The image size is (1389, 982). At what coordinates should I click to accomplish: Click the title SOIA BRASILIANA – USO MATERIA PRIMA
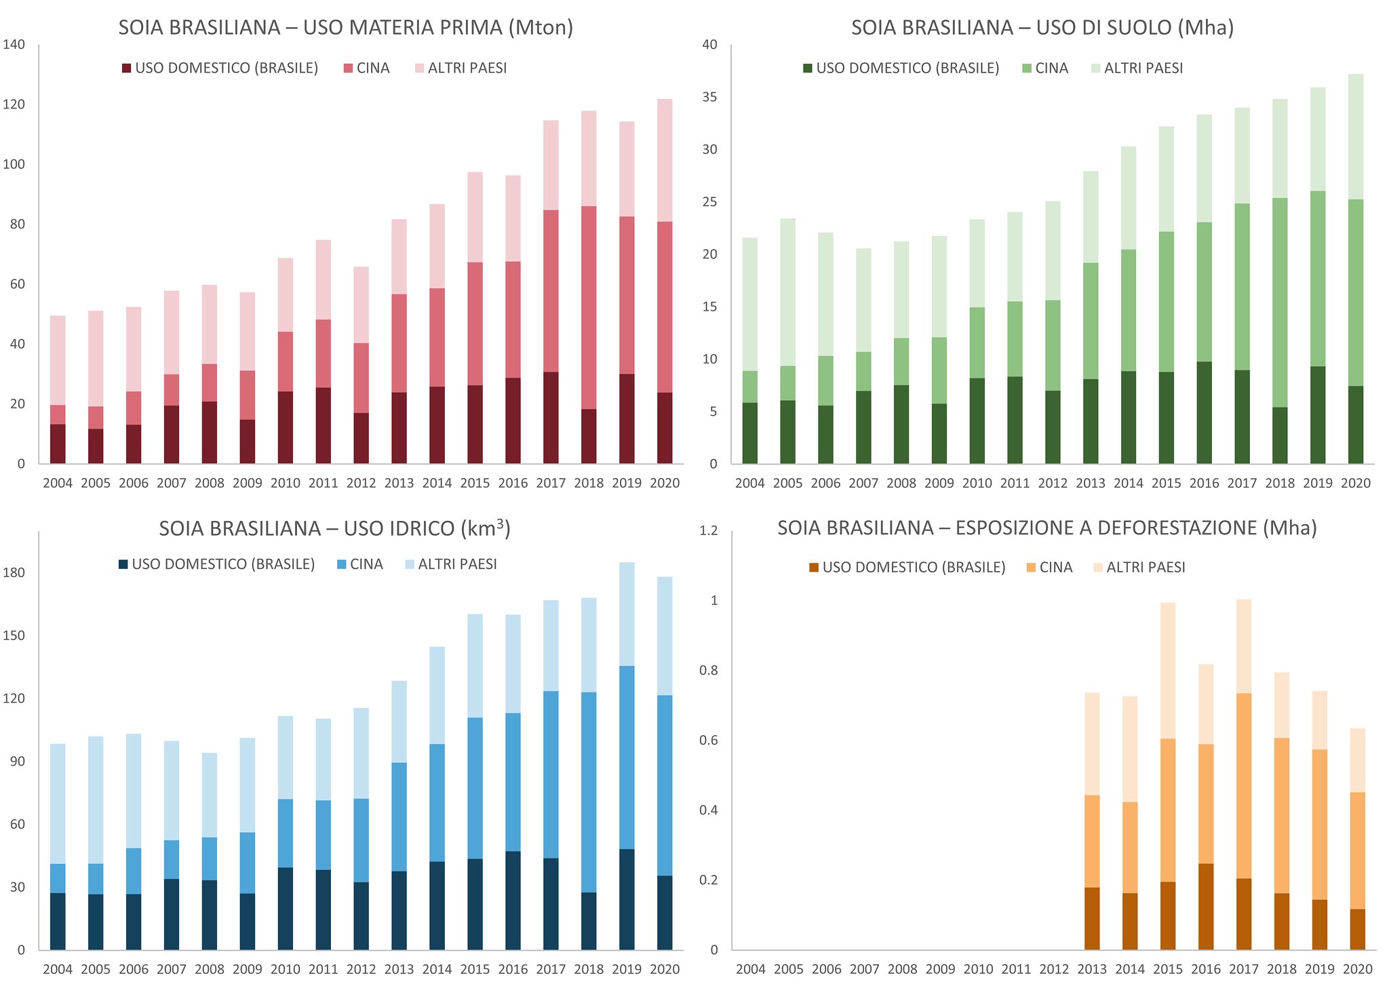pos(346,28)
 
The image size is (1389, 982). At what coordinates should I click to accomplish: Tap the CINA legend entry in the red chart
pos(372,68)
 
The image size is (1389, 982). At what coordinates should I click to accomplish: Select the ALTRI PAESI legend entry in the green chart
pos(1143,68)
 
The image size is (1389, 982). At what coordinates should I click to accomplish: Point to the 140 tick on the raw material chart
pos(14,45)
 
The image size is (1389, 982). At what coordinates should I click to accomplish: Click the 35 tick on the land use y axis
pos(709,97)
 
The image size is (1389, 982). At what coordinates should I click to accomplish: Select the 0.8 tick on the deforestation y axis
pos(709,670)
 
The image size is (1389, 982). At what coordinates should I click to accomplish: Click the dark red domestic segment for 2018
pos(588,436)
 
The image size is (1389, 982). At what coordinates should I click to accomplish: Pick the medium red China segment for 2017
pos(550,292)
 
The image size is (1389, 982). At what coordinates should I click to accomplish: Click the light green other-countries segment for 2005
pos(787,292)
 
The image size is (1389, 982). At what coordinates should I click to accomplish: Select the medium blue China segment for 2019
pos(627,757)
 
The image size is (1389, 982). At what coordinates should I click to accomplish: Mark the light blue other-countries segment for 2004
pos(58,804)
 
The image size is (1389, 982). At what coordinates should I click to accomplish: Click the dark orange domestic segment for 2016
pos(1205,906)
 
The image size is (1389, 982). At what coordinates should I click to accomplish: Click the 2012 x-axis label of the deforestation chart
pos(1053,969)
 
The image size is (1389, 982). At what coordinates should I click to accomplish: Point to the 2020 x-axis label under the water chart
pos(664,969)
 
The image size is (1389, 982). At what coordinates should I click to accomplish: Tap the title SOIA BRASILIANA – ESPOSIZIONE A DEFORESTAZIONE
pos(1046,528)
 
